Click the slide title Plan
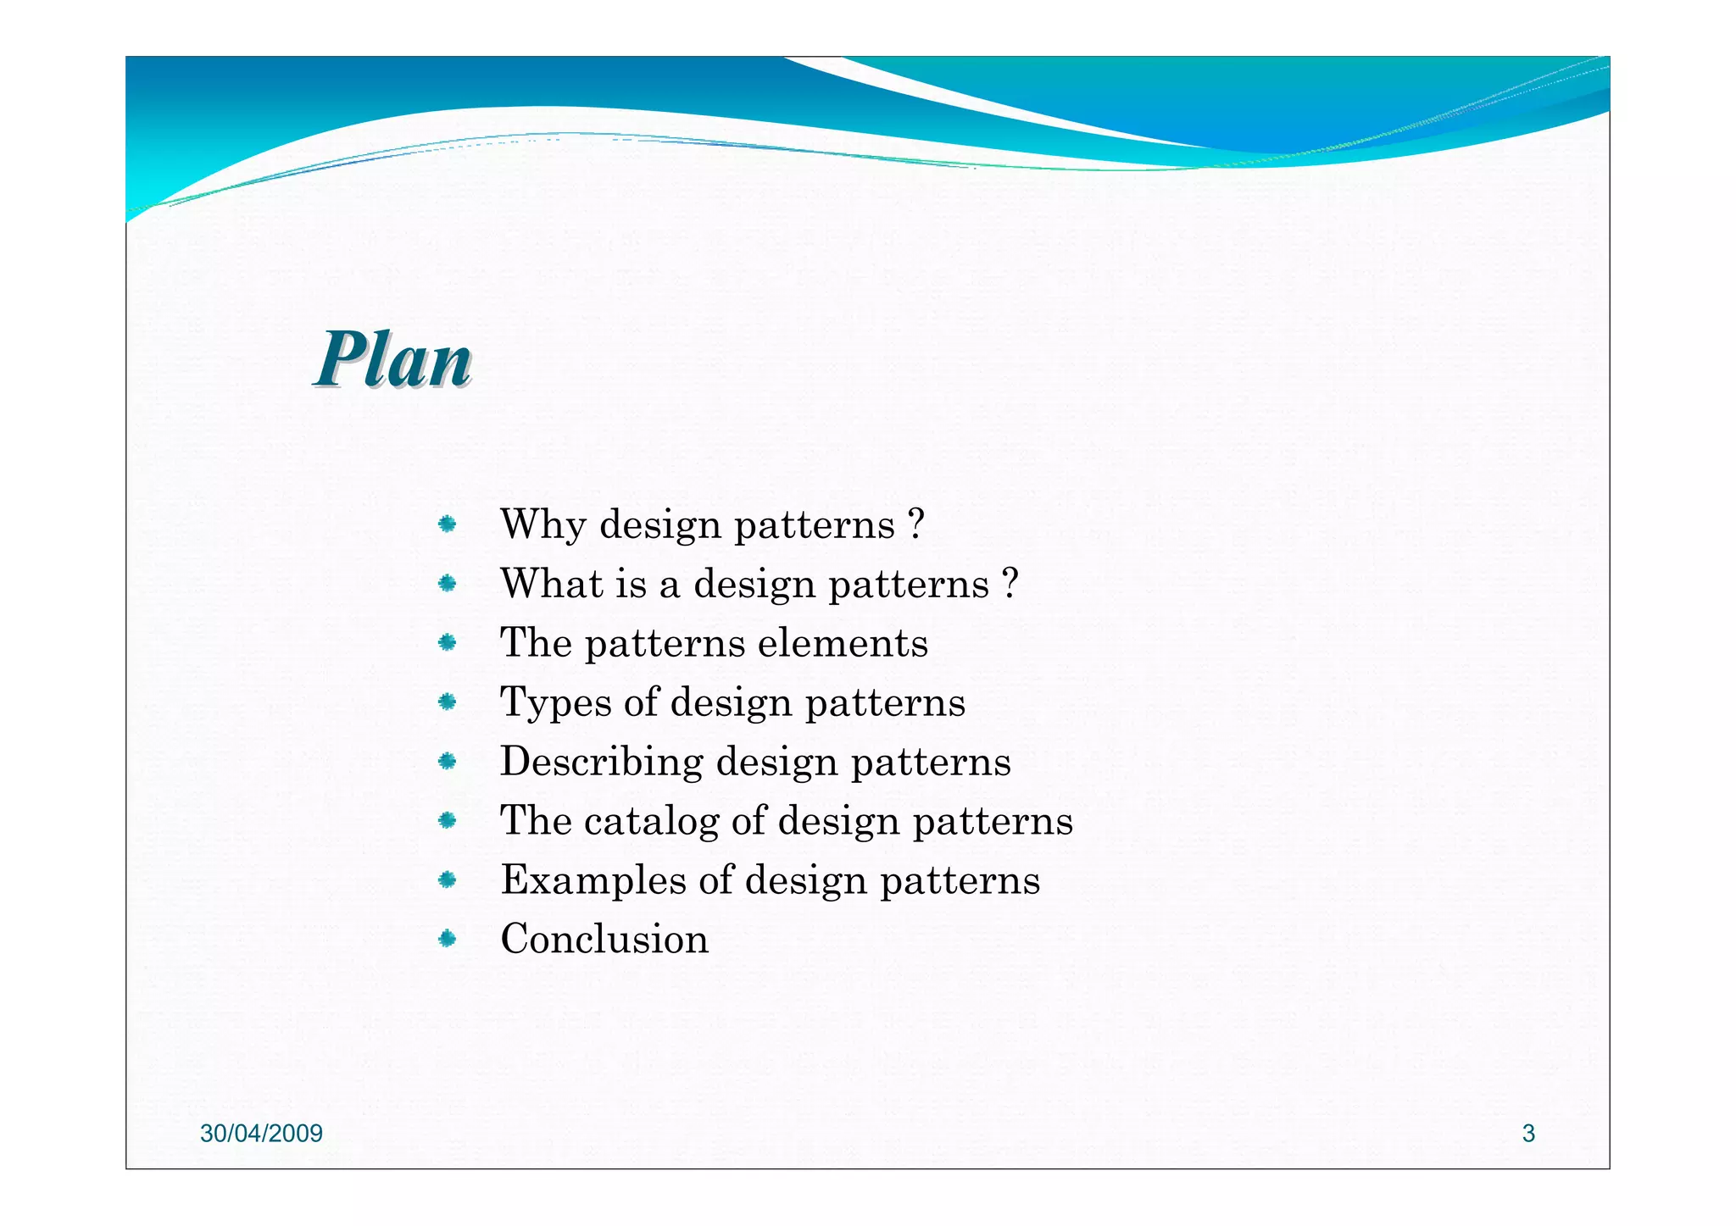click(x=393, y=361)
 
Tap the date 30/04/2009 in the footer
click(x=261, y=1134)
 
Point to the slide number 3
click(x=1528, y=1134)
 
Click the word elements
click(x=843, y=643)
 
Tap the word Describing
click(x=601, y=761)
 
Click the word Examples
click(x=593, y=879)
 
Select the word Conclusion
click(x=604, y=939)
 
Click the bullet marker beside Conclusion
click(x=448, y=939)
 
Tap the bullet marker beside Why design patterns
click(x=448, y=524)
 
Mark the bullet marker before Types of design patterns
click(x=448, y=702)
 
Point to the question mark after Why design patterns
click(x=915, y=524)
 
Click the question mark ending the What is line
click(x=1009, y=584)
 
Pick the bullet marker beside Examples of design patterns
click(x=448, y=879)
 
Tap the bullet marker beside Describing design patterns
click(x=448, y=761)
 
